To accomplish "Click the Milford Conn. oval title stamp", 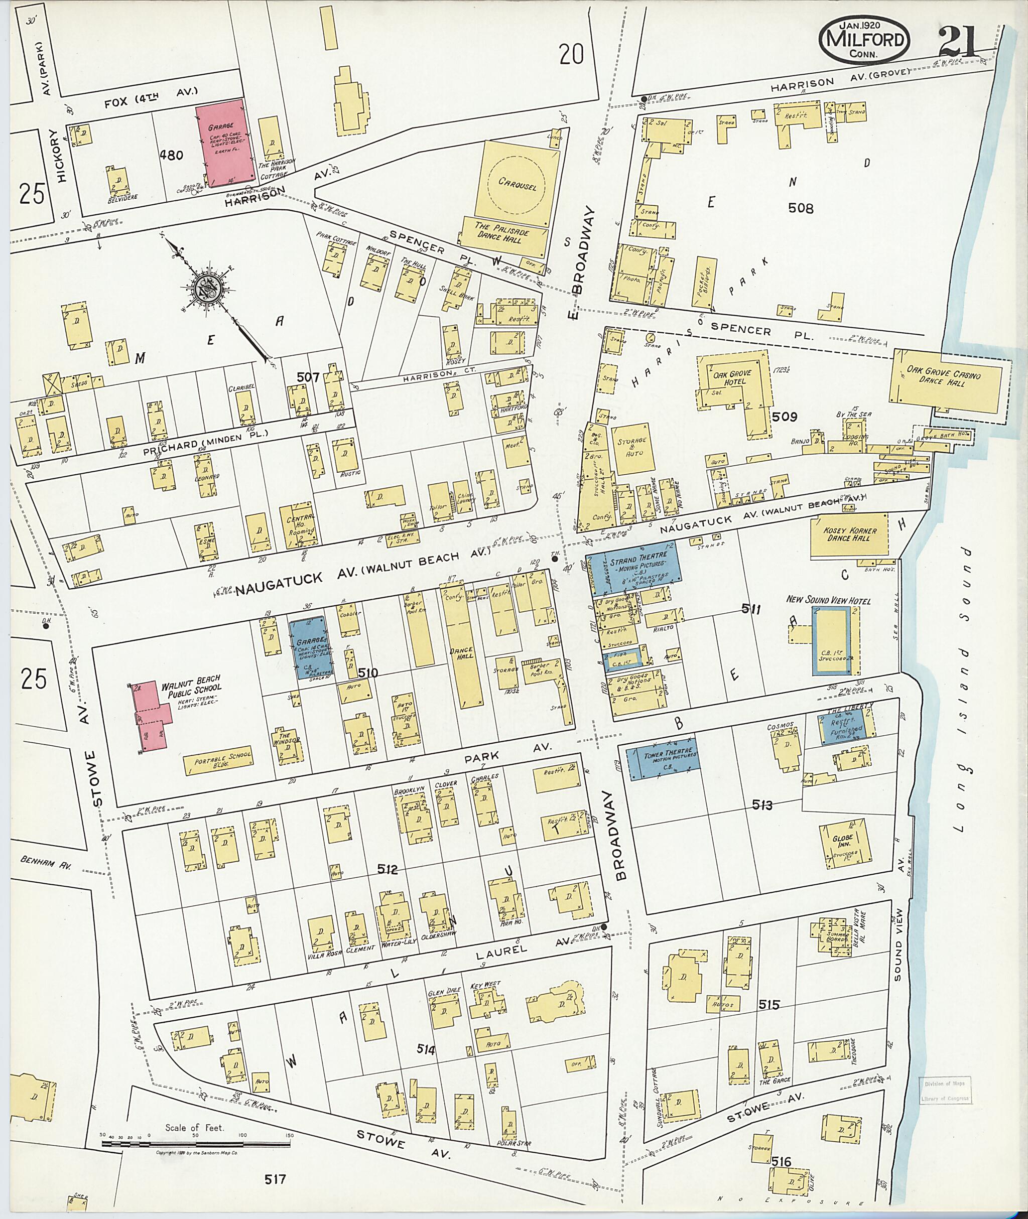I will (x=864, y=40).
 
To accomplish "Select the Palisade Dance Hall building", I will (x=503, y=235).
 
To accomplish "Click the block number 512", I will (x=387, y=870).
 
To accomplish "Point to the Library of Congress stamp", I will (x=946, y=1091).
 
